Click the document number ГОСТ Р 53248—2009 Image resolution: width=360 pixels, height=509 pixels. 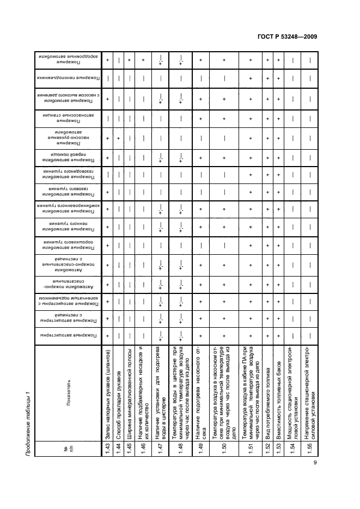[x=286, y=37]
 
